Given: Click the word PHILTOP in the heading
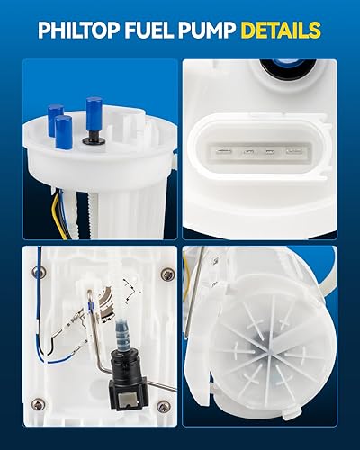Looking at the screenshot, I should (x=82, y=31).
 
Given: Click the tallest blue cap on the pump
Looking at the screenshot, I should (x=94, y=114).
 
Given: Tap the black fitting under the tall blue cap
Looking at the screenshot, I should (x=94, y=139).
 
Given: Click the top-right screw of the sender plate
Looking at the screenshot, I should (x=166, y=274).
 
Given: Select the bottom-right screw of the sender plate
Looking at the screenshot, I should (x=163, y=407).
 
